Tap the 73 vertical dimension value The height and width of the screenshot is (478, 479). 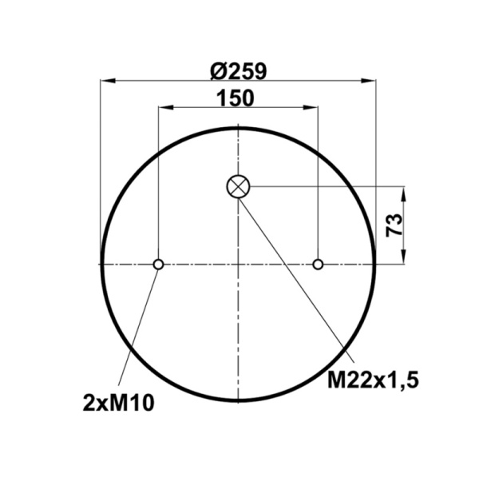click(392, 225)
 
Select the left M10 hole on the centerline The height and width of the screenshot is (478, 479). click(159, 265)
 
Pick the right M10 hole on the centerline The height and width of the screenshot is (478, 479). click(319, 265)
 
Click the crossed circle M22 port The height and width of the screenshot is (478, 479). click(238, 187)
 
